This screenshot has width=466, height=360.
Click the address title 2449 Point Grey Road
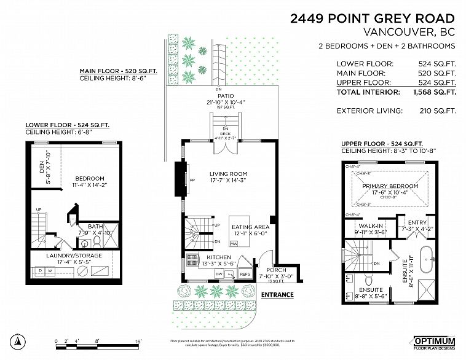tap(373, 18)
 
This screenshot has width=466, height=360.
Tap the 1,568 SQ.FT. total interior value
tap(434, 92)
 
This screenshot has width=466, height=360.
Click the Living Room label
tap(228, 174)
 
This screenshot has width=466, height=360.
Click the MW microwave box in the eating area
tap(234, 244)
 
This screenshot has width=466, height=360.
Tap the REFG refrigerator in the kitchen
tap(244, 274)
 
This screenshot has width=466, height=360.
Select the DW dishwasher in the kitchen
tap(219, 273)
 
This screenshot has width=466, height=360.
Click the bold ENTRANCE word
tap(277, 295)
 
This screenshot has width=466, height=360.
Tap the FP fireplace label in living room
tap(192, 181)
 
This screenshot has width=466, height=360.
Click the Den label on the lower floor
tap(42, 163)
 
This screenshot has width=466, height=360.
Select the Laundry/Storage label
tap(74, 256)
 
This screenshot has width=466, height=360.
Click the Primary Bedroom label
tap(390, 186)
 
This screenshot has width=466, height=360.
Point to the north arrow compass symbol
tap(19, 341)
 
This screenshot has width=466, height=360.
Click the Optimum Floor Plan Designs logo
tap(434, 342)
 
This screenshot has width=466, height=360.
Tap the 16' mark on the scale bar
tap(138, 340)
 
